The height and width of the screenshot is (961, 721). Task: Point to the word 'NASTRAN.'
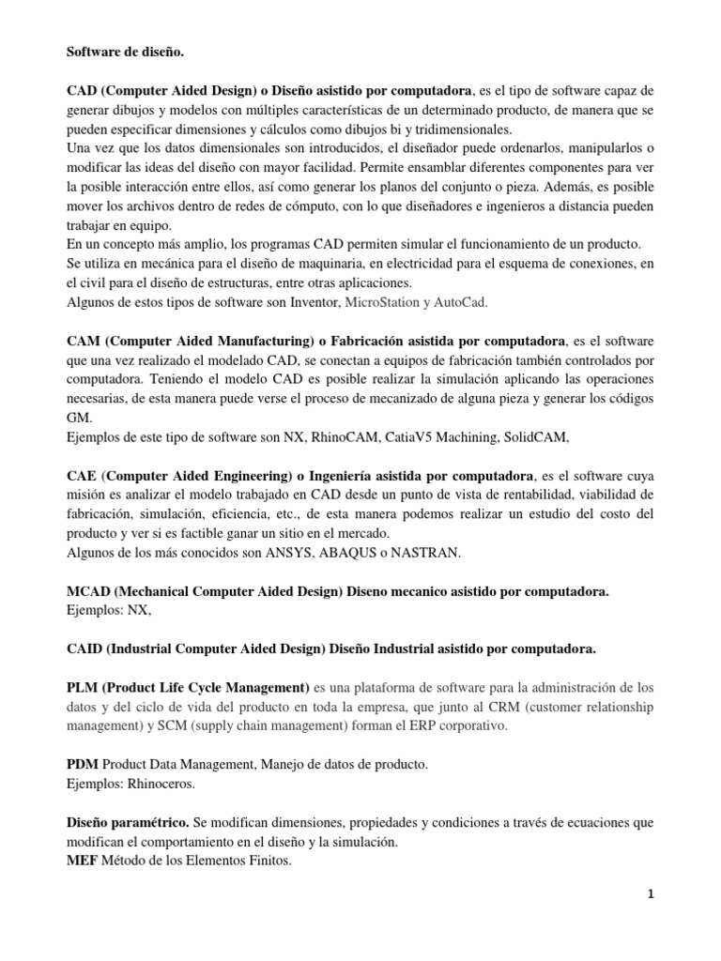429,552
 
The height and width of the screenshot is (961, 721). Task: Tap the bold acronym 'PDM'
82,764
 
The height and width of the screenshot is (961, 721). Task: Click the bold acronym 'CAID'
85,648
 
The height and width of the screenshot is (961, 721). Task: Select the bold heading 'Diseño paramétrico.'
125,822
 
